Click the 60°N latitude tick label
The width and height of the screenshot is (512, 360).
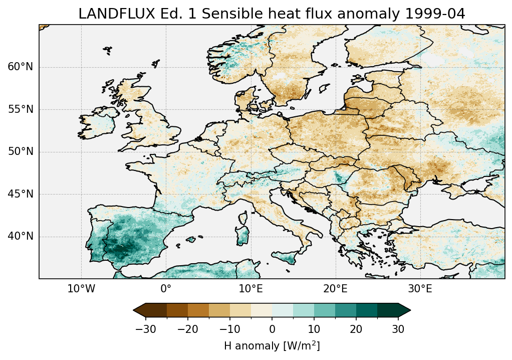(21, 67)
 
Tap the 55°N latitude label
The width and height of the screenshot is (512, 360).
(21, 109)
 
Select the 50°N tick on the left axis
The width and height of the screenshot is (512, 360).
(21, 152)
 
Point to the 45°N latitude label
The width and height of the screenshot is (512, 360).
(21, 194)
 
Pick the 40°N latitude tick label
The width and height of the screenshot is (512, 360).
(21, 236)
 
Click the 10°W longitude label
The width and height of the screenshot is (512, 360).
(81, 289)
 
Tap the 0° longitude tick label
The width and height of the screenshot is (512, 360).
(166, 289)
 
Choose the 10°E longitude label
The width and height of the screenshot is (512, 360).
(250, 289)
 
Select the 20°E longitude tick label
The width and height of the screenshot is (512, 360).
(335, 289)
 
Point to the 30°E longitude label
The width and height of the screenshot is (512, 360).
(420, 289)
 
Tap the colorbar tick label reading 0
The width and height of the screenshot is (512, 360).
(272, 329)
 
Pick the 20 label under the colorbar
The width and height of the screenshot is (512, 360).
(356, 329)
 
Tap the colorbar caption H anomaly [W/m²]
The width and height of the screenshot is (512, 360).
(272, 345)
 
